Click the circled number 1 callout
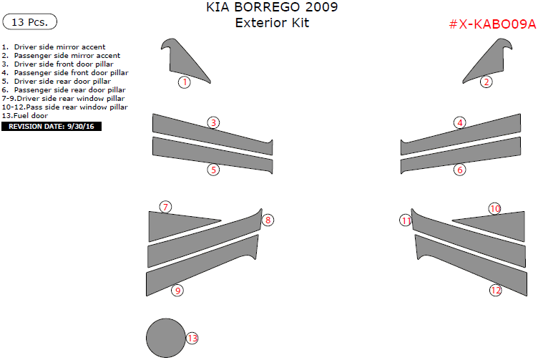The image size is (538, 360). coord(185,82)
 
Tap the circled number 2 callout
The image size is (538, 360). coord(486,82)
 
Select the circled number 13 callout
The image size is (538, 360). coord(192,339)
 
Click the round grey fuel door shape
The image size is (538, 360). coord(166,338)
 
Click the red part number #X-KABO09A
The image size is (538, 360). coord(492,24)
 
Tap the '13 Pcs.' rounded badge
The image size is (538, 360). coord(30,21)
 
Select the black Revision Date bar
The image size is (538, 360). coord(52,126)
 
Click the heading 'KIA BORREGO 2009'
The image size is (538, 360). coord(272,7)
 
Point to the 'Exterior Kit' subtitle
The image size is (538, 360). coord(272,23)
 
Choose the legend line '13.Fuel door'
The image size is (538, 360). coord(25,116)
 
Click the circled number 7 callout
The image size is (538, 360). coord(165,207)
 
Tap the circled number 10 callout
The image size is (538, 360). coord(495,209)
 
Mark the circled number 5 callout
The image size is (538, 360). coord(213,170)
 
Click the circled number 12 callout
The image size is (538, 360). coord(496,291)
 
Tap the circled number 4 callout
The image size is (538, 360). coord(460,122)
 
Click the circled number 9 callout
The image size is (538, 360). coord(177,291)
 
